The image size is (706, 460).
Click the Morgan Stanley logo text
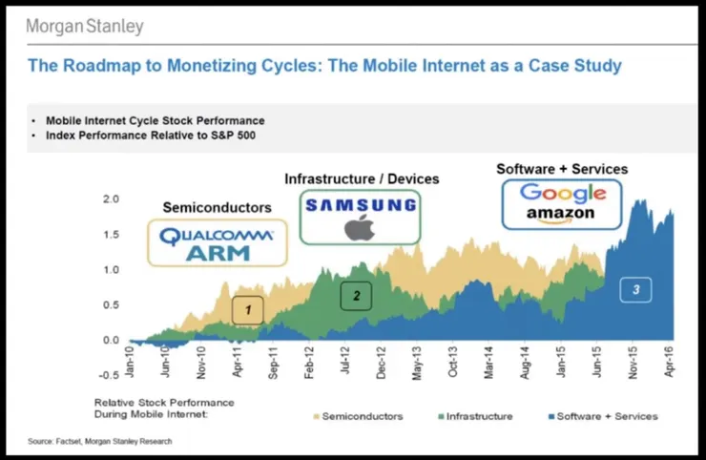point(85,26)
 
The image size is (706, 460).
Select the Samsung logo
point(359,205)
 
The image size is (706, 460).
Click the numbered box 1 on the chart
point(248,310)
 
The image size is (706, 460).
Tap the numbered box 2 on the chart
point(356,296)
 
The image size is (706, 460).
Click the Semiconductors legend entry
point(357,416)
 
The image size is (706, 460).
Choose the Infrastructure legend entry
point(473,416)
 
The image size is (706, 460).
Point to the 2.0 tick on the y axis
point(111,199)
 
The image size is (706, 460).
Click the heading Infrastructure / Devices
point(362,178)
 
